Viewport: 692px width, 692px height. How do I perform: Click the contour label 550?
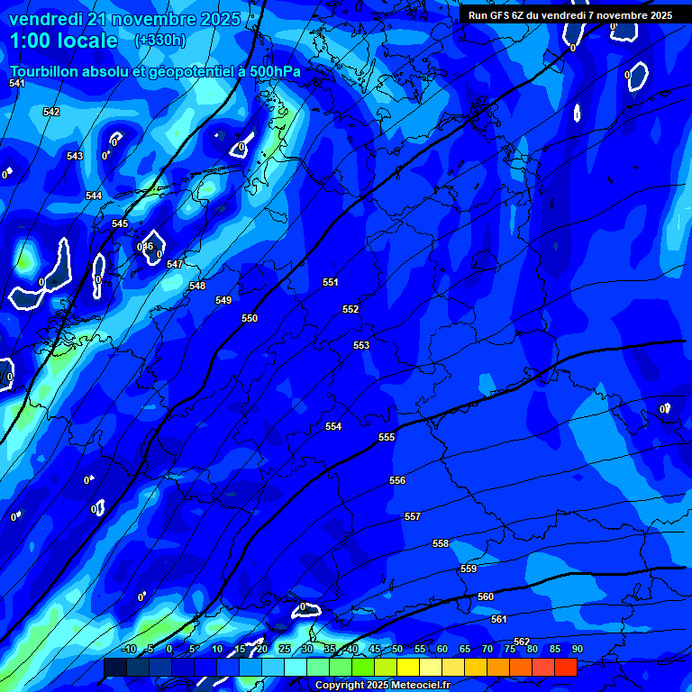click(250, 318)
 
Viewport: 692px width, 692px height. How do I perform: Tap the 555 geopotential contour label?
click(387, 437)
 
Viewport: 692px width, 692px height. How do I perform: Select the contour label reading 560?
click(486, 596)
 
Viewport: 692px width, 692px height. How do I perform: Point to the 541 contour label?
click(17, 83)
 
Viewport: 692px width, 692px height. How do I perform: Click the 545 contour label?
click(120, 223)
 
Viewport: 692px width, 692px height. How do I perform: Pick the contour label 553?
click(361, 345)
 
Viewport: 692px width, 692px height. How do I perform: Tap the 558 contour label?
click(441, 543)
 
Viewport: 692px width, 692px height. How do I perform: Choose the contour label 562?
click(522, 642)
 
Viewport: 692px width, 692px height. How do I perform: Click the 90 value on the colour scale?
click(577, 649)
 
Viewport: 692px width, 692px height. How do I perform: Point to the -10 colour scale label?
click(128, 649)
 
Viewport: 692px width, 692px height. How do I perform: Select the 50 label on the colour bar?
click(397, 649)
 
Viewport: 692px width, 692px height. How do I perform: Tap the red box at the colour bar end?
click(565, 667)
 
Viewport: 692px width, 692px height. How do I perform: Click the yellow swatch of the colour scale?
click(407, 667)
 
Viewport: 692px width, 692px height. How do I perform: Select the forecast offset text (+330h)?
click(160, 40)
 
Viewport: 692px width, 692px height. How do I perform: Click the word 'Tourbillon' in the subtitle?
click(45, 71)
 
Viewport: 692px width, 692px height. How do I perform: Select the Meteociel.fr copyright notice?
click(382, 685)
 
